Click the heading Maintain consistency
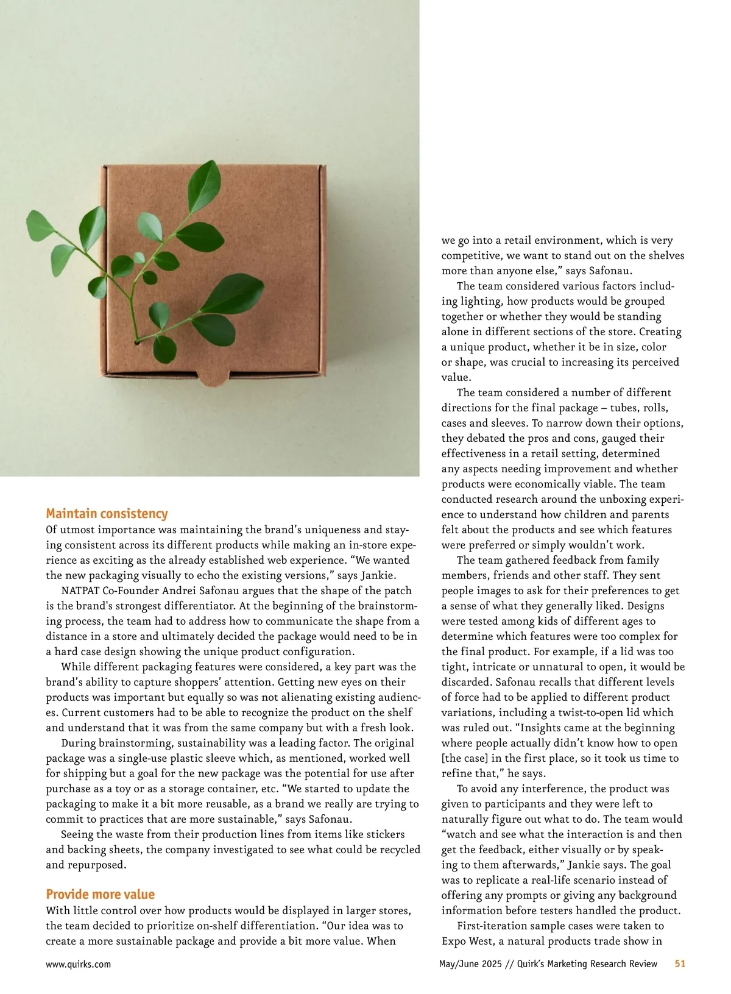click(107, 514)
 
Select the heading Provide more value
click(100, 894)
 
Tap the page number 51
click(680, 964)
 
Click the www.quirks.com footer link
click(78, 964)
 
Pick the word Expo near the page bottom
click(454, 941)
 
